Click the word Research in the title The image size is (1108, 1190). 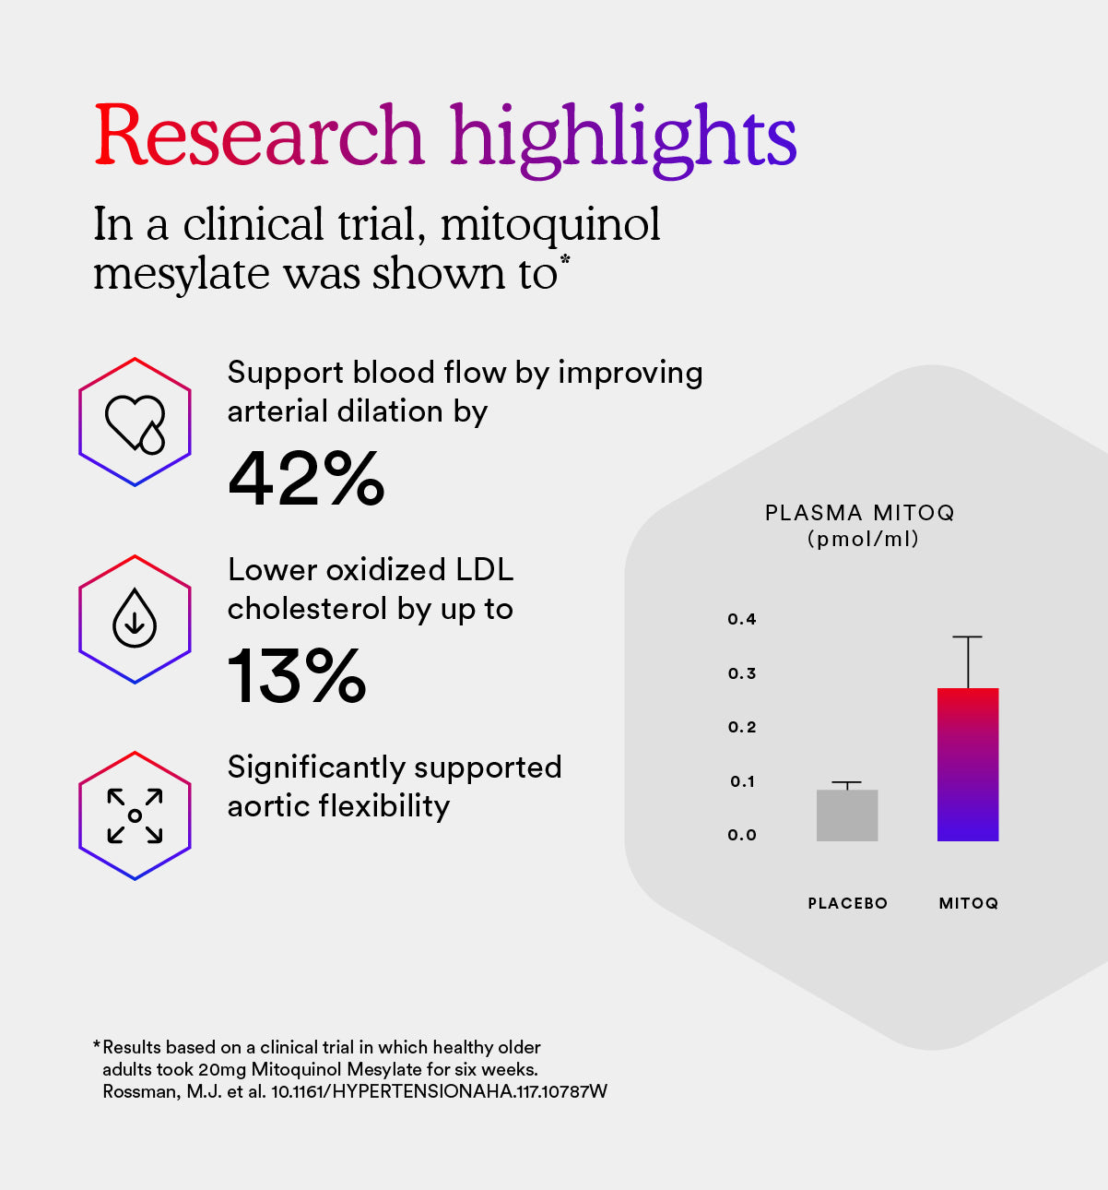pyautogui.click(x=259, y=137)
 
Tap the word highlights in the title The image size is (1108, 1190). pyautogui.click(x=623, y=138)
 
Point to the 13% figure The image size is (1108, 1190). pyautogui.click(x=297, y=675)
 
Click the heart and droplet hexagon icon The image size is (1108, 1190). pyautogui.click(x=135, y=422)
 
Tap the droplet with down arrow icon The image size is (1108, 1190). pyautogui.click(x=135, y=618)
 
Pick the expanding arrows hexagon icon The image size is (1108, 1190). pyautogui.click(x=135, y=815)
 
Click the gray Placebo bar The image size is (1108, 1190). pyautogui.click(x=847, y=815)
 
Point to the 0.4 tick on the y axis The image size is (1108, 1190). pyautogui.click(x=742, y=619)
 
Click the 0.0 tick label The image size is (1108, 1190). pyautogui.click(x=742, y=835)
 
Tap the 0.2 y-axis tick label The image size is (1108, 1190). pyautogui.click(x=742, y=727)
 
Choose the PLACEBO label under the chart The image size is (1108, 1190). pyautogui.click(x=847, y=903)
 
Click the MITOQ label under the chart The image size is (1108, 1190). pyautogui.click(x=968, y=903)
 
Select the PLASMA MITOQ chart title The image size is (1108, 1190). pyautogui.click(x=859, y=513)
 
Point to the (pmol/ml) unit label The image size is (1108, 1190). pyautogui.click(x=863, y=539)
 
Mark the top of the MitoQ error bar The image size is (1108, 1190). pyautogui.click(x=968, y=637)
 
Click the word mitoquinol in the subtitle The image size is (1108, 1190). pyautogui.click(x=550, y=224)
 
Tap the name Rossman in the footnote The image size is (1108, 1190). pyautogui.click(x=138, y=1091)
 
